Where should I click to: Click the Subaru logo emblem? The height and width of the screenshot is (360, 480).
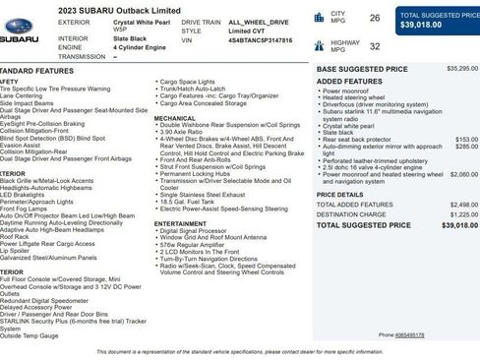(x=19, y=37)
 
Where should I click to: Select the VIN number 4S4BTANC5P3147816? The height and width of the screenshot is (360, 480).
(x=261, y=41)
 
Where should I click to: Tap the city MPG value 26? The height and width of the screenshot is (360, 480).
(x=374, y=18)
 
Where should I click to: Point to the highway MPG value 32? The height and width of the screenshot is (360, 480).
(x=374, y=45)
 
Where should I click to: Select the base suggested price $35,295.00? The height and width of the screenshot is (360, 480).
(x=461, y=69)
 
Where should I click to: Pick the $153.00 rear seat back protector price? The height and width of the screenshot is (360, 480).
(x=466, y=140)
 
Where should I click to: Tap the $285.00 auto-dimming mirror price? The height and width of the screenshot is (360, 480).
(x=466, y=147)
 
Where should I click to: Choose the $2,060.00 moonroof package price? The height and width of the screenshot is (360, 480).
(x=463, y=174)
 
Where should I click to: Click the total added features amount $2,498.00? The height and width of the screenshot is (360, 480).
(x=463, y=205)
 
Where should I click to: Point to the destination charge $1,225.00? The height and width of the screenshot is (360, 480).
(x=463, y=213)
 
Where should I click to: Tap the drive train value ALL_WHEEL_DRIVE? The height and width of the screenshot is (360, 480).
(x=258, y=21)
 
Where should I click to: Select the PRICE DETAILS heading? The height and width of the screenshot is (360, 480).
(x=339, y=195)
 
